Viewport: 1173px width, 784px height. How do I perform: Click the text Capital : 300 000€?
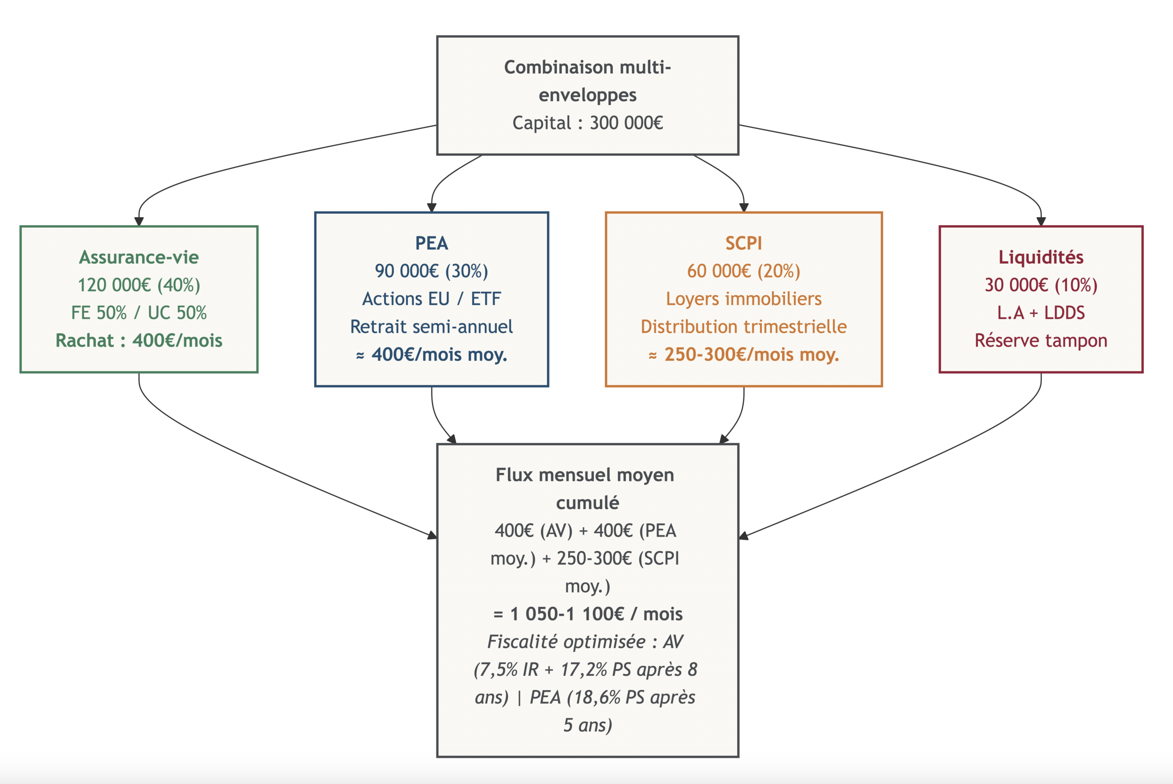pos(587,123)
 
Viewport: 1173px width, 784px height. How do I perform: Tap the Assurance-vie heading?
pos(139,257)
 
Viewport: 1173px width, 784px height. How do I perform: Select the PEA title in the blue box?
pos(431,243)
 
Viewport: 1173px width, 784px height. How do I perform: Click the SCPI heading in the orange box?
pos(743,243)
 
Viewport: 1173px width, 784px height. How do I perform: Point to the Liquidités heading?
pos(1041,257)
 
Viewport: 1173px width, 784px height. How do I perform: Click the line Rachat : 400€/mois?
pos(139,341)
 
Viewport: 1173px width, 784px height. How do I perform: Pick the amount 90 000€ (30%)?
pos(431,271)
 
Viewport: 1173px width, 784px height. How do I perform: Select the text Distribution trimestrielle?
pos(743,326)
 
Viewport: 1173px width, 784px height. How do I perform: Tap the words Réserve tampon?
pos(1041,341)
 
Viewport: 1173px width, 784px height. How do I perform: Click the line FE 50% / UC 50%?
pos(139,313)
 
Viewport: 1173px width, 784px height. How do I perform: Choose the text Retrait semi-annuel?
pos(431,326)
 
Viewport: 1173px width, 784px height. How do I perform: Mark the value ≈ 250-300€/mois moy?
pos(743,354)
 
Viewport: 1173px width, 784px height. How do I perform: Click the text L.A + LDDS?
pos(1041,313)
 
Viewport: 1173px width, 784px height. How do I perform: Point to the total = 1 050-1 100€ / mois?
pos(587,614)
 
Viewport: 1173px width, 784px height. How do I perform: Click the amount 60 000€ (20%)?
pos(743,271)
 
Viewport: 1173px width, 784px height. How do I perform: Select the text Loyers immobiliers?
pos(743,299)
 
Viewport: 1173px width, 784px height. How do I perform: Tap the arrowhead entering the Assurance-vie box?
pos(139,222)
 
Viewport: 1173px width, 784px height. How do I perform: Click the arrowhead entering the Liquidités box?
pos(1041,222)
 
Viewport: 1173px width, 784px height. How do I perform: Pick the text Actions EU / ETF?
pos(431,299)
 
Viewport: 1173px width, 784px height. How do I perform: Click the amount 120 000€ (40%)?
pos(139,285)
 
